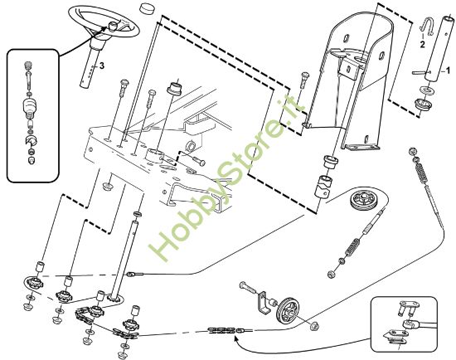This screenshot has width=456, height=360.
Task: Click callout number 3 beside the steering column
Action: [101, 66]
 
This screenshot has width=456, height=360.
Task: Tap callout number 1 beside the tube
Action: [448, 71]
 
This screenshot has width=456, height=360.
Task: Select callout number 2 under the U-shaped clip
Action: [422, 45]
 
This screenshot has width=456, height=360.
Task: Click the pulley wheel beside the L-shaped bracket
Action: [288, 309]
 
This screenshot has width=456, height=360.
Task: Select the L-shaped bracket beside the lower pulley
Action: [264, 302]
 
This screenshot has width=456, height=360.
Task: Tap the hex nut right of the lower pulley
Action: [314, 327]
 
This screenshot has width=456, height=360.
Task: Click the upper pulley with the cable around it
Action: [361, 200]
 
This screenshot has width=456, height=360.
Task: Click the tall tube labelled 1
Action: [436, 50]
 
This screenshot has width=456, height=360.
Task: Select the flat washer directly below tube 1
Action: [427, 90]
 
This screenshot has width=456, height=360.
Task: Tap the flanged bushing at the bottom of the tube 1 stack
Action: [423, 105]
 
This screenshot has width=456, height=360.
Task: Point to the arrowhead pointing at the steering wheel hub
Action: [107, 27]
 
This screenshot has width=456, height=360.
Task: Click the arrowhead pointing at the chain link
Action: [236, 338]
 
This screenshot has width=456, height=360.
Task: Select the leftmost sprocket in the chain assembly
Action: [33, 282]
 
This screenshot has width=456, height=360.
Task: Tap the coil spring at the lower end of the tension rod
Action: [352, 248]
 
